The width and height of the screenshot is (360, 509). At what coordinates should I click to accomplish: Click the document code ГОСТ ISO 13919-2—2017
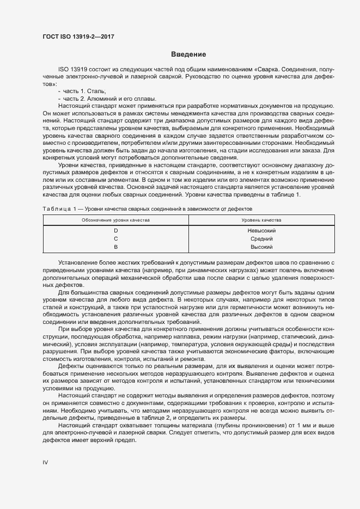(79, 37)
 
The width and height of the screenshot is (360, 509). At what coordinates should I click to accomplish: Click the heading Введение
(188, 54)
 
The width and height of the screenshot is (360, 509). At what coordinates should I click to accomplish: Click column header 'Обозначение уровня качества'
(115, 220)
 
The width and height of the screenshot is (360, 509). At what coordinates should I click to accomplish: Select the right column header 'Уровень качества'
(261, 220)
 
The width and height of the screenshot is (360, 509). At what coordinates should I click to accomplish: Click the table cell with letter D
(115, 231)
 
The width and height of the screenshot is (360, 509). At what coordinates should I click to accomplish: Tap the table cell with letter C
(115, 239)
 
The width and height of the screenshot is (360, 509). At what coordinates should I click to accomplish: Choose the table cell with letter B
(115, 247)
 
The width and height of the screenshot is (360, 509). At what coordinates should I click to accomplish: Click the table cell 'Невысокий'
(261, 231)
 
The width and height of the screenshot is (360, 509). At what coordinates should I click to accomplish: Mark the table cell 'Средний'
(261, 239)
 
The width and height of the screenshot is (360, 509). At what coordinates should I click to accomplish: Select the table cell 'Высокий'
(261, 247)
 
